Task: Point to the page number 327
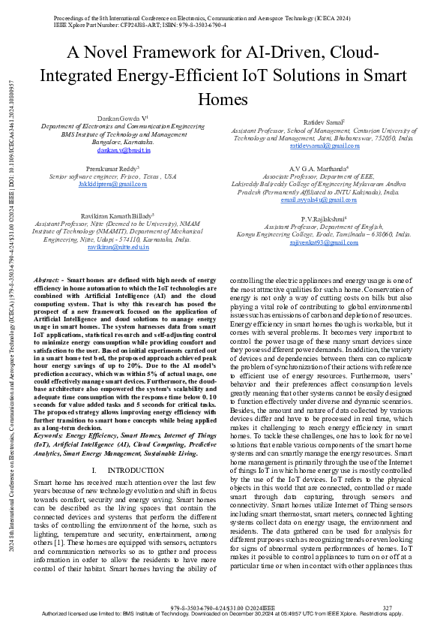point(388,607)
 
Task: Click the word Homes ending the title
point(223,100)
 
